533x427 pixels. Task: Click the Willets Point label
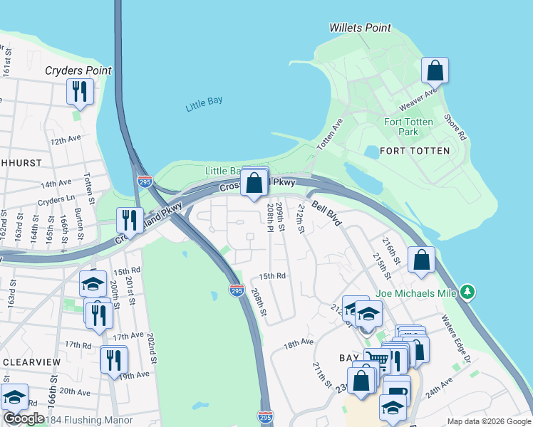click(x=360, y=28)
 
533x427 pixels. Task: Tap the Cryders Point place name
click(x=78, y=70)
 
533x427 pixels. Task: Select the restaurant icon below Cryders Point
click(x=79, y=92)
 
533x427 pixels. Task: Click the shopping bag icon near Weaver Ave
click(x=434, y=71)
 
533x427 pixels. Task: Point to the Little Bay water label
click(x=204, y=105)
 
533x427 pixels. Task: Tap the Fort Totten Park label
click(x=408, y=127)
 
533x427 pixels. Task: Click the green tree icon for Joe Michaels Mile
click(x=467, y=291)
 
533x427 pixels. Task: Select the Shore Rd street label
click(x=454, y=127)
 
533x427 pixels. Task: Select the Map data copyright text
click(x=488, y=421)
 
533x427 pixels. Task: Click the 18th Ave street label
click(x=299, y=343)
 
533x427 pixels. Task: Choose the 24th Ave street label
click(x=440, y=388)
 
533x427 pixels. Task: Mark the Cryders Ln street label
click(x=56, y=201)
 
